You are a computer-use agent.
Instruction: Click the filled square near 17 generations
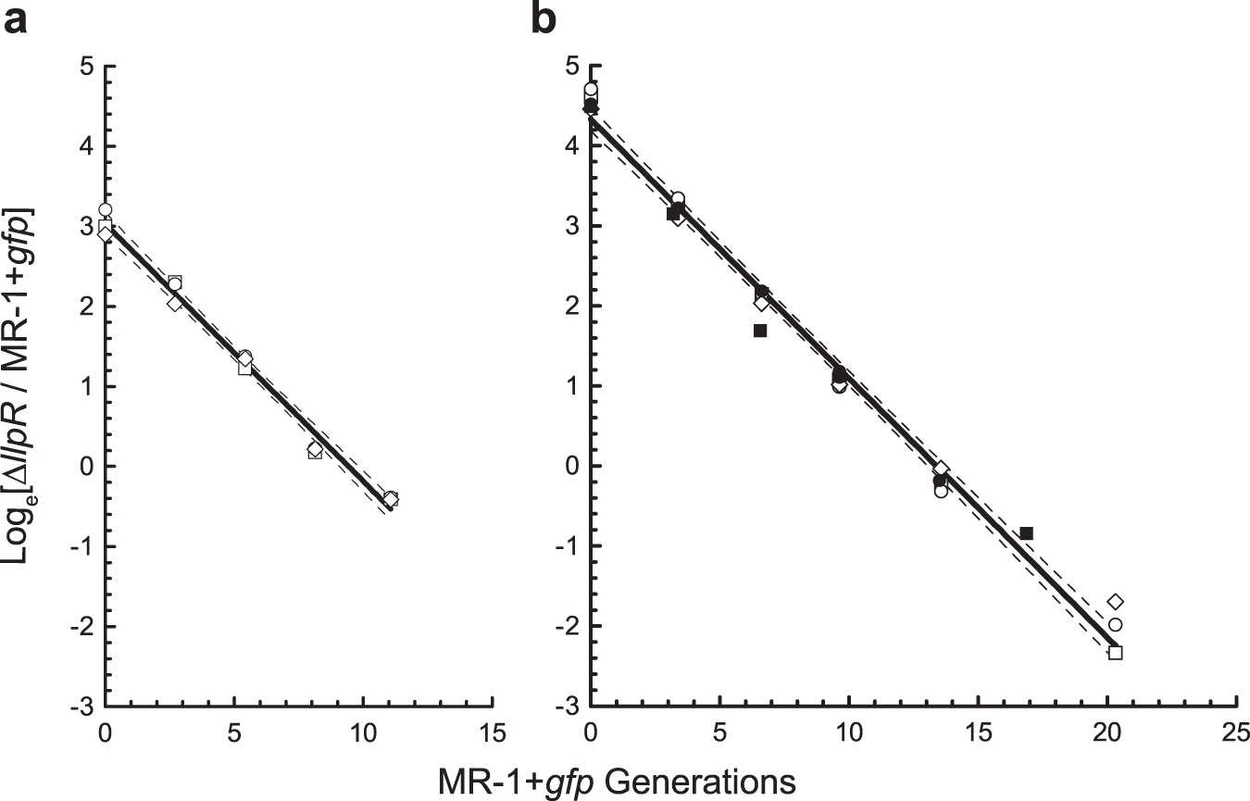1026,532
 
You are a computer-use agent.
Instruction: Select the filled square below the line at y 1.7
760,331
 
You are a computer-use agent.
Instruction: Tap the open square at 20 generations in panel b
1115,653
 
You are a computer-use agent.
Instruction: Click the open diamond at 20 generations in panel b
1115,602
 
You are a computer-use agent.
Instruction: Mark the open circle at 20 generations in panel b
1115,625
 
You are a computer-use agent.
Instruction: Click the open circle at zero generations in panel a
105,210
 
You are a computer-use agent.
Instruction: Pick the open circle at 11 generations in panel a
391,498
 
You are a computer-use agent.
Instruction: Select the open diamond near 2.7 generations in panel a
175,303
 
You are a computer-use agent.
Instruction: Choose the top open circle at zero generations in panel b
591,90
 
